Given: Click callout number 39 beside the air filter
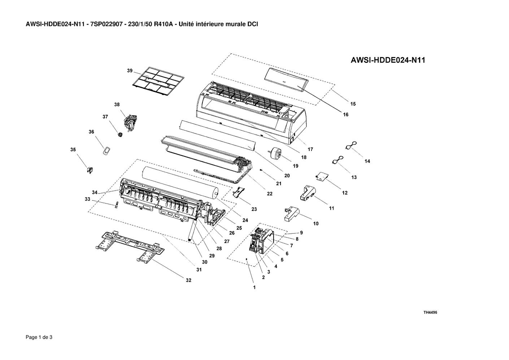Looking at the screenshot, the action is coord(130,71).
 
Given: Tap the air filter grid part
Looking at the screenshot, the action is coord(158,81).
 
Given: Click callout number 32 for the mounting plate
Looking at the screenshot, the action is coord(188,281).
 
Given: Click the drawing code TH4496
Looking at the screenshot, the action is coord(430,312).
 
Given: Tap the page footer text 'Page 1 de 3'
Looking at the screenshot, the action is coord(39,337).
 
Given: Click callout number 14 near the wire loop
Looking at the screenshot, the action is coord(367,161).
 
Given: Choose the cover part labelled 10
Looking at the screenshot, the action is coord(291,214).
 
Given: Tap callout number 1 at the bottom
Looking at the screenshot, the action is coord(255,287).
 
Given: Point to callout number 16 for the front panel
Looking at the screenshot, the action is coord(345,115).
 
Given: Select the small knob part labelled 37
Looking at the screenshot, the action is coord(120,135).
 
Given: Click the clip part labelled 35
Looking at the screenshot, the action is coord(90,170).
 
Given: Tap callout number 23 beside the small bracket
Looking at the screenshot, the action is coord(254,209).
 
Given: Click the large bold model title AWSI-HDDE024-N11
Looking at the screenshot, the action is coord(388,60).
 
